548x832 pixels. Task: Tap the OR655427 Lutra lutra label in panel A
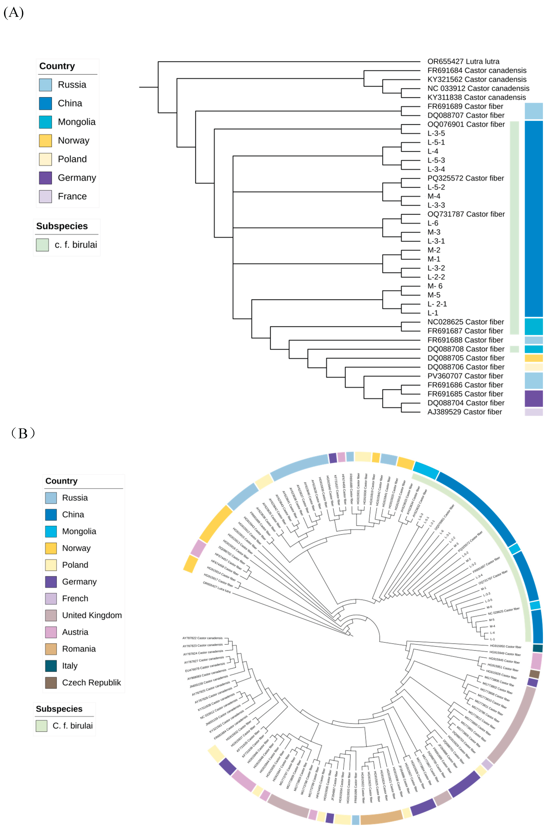[x=463, y=62]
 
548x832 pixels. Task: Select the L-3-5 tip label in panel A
[x=436, y=133]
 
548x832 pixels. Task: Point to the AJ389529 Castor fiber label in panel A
[x=464, y=412]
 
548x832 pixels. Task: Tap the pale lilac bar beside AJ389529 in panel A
[x=534, y=412]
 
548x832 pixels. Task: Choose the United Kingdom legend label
[x=92, y=615]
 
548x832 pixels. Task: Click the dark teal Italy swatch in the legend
[x=51, y=666]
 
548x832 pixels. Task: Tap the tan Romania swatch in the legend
[x=51, y=649]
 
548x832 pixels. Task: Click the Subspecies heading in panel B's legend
[x=59, y=709]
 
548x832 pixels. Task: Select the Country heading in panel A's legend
[x=57, y=66]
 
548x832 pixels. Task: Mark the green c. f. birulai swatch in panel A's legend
[x=42, y=245]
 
